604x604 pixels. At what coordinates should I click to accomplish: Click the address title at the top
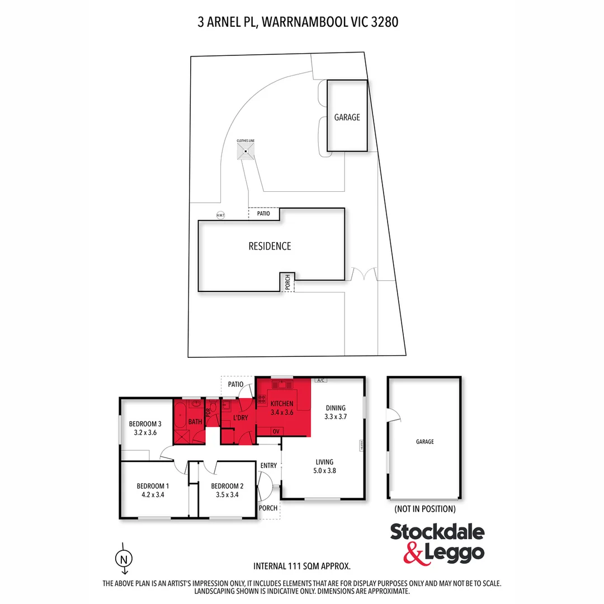[298, 22]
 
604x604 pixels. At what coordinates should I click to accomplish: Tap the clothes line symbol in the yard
[246, 151]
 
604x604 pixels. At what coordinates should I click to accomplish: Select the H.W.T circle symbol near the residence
[220, 215]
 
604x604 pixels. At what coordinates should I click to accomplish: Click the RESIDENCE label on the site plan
[270, 246]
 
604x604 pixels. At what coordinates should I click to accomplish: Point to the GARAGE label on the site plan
[347, 117]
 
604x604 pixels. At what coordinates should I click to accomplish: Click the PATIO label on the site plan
[263, 214]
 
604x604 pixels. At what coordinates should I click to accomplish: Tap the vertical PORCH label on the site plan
[287, 282]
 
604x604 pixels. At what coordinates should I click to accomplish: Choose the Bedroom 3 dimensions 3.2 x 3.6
[145, 432]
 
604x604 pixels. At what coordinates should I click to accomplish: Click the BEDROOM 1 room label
[153, 486]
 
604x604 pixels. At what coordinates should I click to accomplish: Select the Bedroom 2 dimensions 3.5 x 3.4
[227, 494]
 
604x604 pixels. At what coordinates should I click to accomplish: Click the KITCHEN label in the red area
[281, 404]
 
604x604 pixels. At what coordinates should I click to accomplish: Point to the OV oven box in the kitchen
[276, 431]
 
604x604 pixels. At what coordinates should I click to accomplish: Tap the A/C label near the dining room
[320, 380]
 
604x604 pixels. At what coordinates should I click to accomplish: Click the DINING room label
[336, 408]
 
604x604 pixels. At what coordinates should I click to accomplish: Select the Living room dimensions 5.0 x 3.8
[324, 471]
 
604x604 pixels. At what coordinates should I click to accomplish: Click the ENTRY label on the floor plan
[268, 466]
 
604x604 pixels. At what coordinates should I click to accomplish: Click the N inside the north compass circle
[124, 559]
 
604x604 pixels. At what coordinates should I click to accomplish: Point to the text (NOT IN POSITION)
[425, 509]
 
